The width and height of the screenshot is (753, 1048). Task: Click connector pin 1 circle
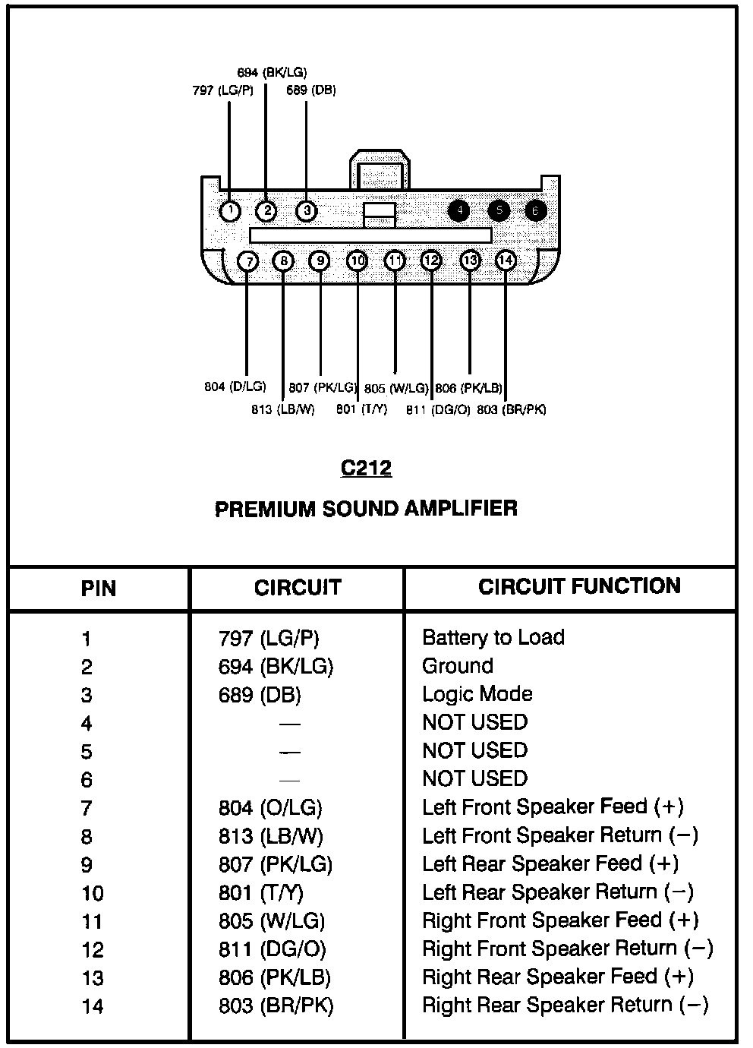click(230, 210)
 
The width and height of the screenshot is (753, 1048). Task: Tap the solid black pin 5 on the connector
click(498, 210)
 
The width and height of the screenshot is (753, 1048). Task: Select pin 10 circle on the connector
click(357, 261)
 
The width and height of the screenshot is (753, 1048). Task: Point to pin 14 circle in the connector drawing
click(505, 261)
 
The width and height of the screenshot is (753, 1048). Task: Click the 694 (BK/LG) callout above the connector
click(272, 73)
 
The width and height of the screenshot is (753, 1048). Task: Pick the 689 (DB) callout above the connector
click(311, 90)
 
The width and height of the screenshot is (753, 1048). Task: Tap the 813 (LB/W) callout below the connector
click(282, 410)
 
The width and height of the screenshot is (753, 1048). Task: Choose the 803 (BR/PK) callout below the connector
click(512, 410)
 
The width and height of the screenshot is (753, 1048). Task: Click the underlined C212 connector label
click(367, 468)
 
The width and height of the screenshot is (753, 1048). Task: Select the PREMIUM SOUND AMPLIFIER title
click(367, 508)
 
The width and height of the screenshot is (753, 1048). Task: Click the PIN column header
click(99, 589)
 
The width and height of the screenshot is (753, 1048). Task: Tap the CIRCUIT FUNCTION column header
click(579, 586)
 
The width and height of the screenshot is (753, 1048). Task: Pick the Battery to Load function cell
click(493, 637)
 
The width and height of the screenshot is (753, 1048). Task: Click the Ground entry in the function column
click(458, 666)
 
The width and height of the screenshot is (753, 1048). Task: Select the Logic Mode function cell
click(477, 694)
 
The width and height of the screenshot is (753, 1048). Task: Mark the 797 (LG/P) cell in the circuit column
click(269, 638)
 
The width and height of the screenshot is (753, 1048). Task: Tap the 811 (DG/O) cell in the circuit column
click(273, 949)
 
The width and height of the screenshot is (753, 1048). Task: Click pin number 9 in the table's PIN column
click(87, 865)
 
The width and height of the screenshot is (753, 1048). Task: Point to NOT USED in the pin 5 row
click(474, 750)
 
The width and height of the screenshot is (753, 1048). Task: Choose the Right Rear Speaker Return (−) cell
click(566, 1005)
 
